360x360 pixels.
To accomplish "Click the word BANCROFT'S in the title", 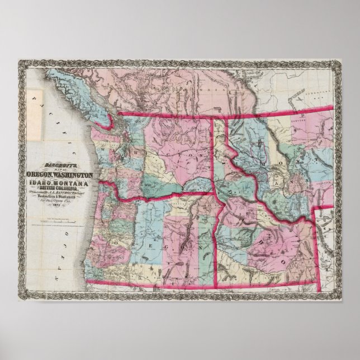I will click(x=60, y=165).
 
